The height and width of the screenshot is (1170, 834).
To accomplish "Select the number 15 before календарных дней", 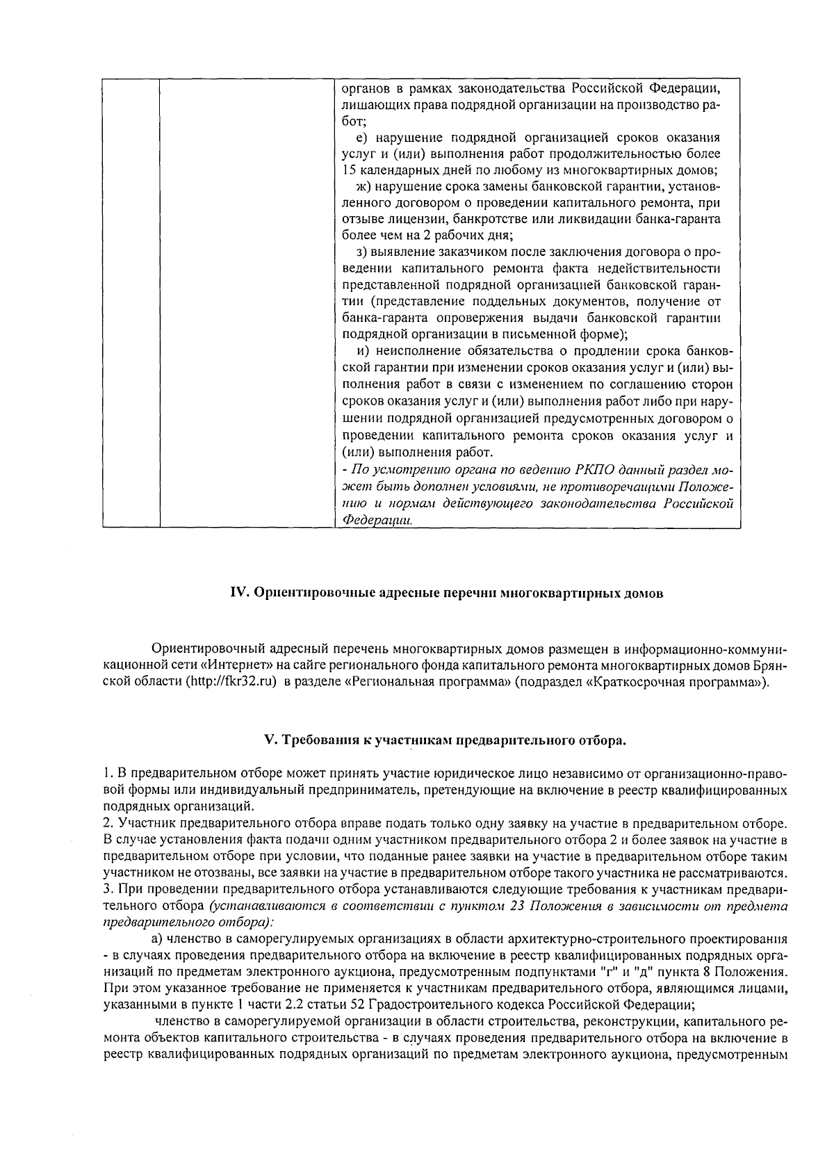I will tap(349, 170).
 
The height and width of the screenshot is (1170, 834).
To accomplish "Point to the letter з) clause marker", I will tap(361, 252).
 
